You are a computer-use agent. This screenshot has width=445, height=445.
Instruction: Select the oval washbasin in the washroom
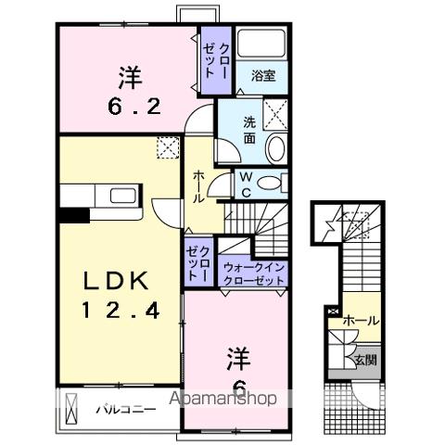[x=276, y=148]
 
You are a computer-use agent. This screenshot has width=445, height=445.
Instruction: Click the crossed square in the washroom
[x=275, y=112]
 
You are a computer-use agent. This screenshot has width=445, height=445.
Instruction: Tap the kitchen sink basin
[x=121, y=196]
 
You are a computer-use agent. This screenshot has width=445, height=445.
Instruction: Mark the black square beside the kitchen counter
[x=72, y=216]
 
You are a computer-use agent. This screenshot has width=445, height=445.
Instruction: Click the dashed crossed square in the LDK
[x=167, y=146]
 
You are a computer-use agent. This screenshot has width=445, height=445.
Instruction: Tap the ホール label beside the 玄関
[x=360, y=320]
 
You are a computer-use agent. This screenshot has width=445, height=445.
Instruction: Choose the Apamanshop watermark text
[x=222, y=400]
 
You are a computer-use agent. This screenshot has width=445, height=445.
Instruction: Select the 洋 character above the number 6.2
[x=130, y=74]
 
